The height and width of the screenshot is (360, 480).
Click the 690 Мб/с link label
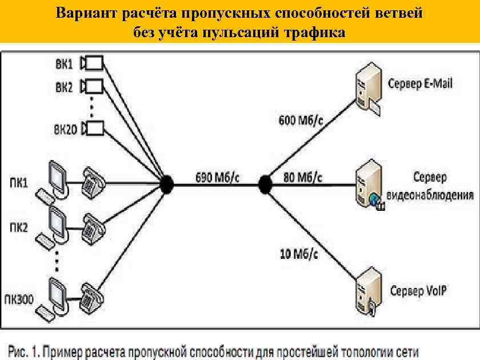click(217, 176)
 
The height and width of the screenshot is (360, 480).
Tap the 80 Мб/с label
click(303, 176)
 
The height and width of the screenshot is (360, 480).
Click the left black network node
click(166, 184)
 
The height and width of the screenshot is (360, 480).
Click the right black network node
click(265, 184)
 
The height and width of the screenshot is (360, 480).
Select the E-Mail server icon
click(366, 89)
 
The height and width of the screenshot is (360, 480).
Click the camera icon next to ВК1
click(93, 62)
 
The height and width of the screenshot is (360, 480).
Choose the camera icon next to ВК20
click(93, 128)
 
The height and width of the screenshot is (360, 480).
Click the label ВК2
click(64, 87)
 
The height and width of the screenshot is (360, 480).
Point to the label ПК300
click(20, 298)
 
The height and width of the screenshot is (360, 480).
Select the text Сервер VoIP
click(418, 291)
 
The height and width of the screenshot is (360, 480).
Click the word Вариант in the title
click(83, 13)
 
